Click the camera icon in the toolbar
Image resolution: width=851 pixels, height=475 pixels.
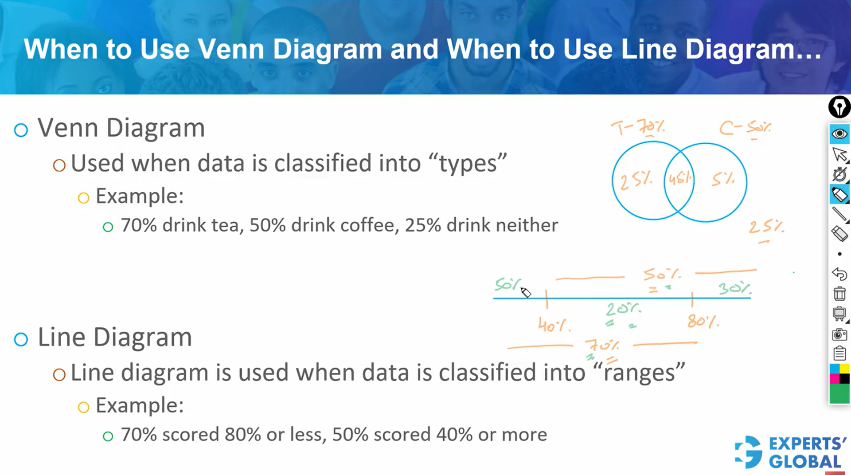(x=839, y=334)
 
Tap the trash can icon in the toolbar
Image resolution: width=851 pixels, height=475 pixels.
(x=839, y=294)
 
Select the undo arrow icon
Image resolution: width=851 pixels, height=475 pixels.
(x=839, y=274)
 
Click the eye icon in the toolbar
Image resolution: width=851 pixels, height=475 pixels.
(x=839, y=134)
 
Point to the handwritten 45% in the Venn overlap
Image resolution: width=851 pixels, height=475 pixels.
(x=679, y=179)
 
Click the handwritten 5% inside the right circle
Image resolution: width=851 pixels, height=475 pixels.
(x=723, y=179)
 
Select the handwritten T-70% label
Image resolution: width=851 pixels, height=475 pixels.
(x=638, y=128)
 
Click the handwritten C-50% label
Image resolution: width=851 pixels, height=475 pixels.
(x=745, y=128)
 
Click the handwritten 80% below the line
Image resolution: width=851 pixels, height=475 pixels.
(x=703, y=321)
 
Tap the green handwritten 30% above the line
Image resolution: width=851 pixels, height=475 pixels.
(x=734, y=289)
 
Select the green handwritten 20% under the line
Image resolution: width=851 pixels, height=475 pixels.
(x=623, y=309)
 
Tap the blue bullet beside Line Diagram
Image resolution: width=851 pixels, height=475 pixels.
(x=21, y=339)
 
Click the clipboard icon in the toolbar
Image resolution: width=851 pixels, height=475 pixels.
(x=839, y=353)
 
